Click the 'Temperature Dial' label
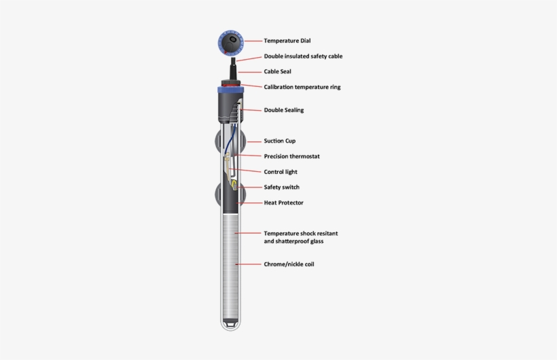point(287,41)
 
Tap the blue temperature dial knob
point(231,43)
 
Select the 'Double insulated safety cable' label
point(303,56)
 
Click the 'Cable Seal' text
point(277,71)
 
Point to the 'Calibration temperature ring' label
point(302,87)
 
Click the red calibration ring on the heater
point(231,85)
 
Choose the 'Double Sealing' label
point(283,110)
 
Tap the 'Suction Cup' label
point(280,141)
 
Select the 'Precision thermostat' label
point(291,156)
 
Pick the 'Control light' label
point(281,172)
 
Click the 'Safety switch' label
point(281,187)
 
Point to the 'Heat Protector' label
point(283,203)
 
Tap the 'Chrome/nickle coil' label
point(289,264)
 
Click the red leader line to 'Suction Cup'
point(254,142)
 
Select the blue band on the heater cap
point(231,90)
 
